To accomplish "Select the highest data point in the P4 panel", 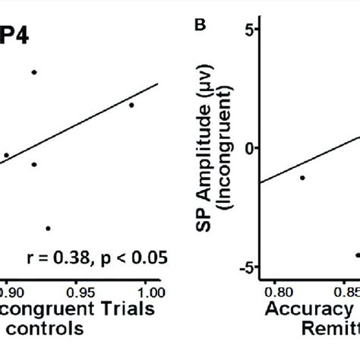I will pyautogui.click(x=34, y=72).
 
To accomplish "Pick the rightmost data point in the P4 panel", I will pyautogui.click(x=131, y=105).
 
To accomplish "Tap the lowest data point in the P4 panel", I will pyautogui.click(x=48, y=228).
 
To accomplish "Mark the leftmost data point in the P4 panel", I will pyautogui.click(x=7, y=155).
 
